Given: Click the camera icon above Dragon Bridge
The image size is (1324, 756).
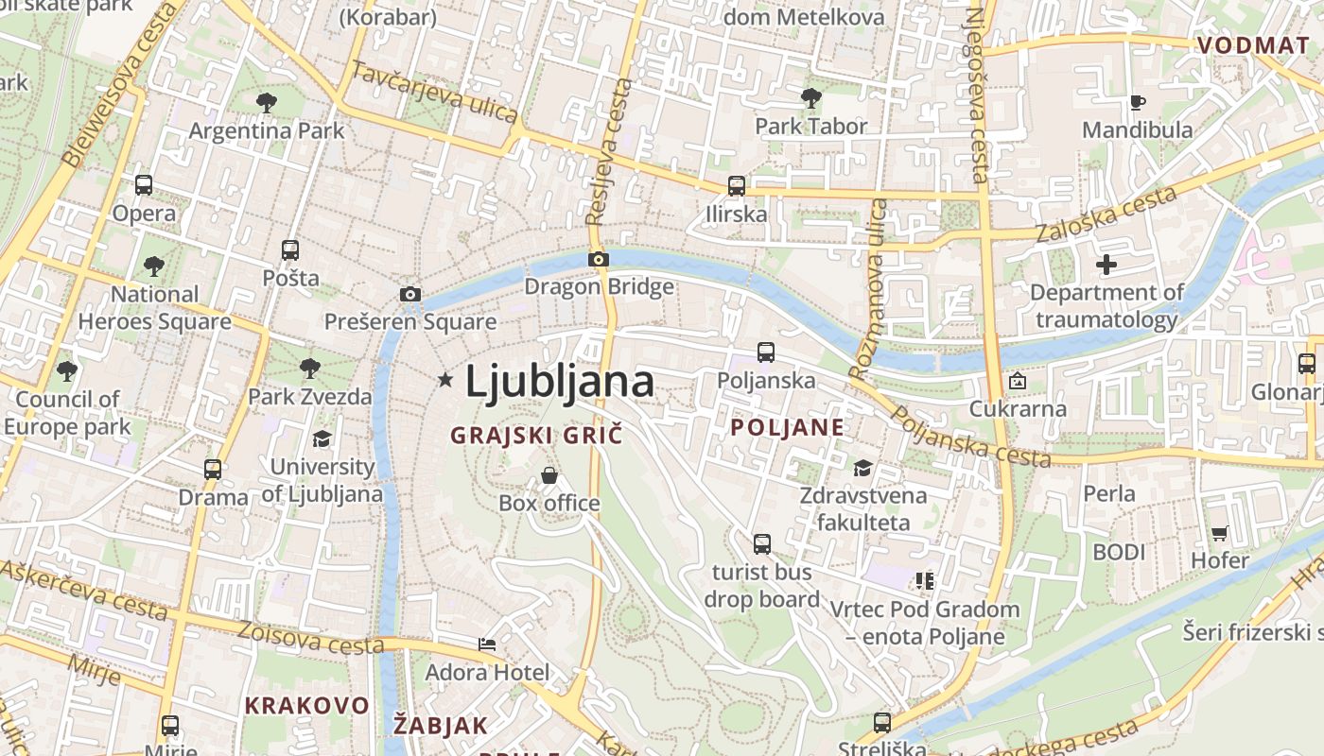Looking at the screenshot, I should coord(598,259).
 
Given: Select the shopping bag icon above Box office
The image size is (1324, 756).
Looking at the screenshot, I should coord(549,475).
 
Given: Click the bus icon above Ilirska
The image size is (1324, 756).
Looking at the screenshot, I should coord(736,186).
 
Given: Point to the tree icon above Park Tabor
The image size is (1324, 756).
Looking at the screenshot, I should coord(810,97).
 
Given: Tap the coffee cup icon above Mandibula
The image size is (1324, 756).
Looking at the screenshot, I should coord(1138,102).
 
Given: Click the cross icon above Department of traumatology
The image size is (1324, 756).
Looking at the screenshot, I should coord(1106,265).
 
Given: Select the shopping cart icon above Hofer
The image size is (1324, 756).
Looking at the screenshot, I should coord(1219,533).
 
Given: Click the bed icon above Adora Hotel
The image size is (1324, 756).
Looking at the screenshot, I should coord(486,644).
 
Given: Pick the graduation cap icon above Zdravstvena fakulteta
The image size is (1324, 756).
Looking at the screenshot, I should coord(862,468).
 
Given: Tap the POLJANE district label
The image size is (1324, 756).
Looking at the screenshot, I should coord(787,427).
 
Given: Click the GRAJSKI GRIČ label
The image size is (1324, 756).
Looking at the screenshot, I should coord(536,436).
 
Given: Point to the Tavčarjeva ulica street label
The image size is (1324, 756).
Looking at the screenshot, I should coord(435,92).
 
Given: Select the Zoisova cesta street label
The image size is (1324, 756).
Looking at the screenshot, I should coord(310,638).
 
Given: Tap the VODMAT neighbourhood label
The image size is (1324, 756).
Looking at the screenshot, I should coord(1252,45).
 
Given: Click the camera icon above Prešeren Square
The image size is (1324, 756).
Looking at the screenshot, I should coord(409,294).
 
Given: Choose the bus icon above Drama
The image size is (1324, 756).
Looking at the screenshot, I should coord(213,469).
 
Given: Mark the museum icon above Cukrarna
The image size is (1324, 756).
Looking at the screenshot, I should coord(1017,382).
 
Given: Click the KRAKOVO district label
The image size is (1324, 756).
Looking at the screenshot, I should coord(306,705).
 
